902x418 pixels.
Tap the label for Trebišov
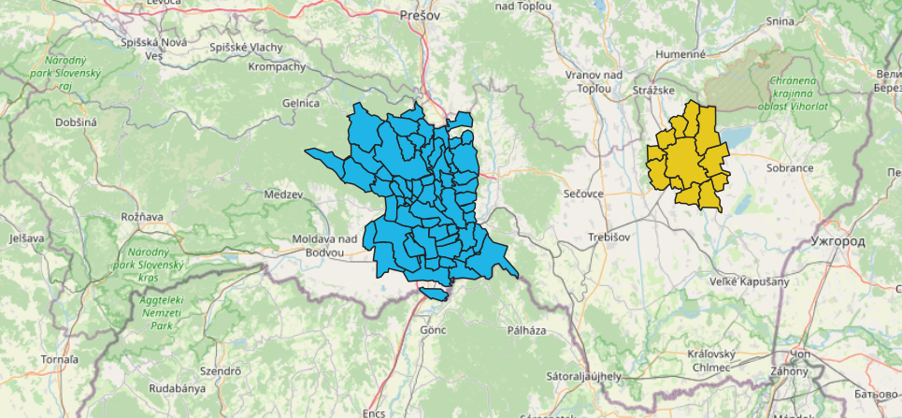(x=608, y=237)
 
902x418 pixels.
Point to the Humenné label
(x=680, y=55)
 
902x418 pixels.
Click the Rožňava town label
(x=142, y=217)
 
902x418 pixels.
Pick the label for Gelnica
(x=301, y=103)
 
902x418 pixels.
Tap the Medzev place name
(x=284, y=195)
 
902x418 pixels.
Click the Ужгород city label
(x=838, y=241)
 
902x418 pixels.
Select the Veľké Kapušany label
(x=750, y=281)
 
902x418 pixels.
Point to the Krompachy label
(x=277, y=67)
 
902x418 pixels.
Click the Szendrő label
(x=221, y=371)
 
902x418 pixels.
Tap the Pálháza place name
(x=525, y=331)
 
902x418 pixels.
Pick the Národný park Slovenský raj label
(x=65, y=73)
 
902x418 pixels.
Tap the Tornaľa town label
(x=59, y=359)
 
